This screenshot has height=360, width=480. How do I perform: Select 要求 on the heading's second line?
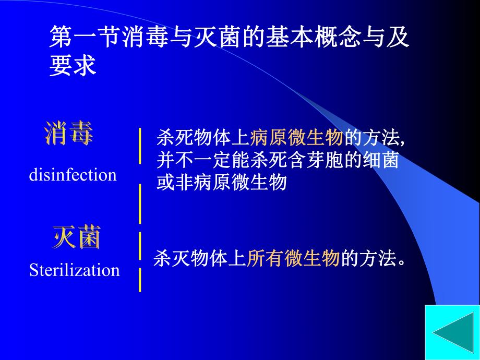click(73, 66)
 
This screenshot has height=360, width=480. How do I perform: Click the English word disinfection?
click(73, 175)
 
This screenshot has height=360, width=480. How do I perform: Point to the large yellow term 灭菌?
click(77, 238)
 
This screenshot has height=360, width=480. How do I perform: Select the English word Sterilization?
click(75, 270)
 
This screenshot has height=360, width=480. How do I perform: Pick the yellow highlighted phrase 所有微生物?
click(293, 258)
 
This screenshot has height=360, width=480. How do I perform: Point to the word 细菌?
click(385, 160)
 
